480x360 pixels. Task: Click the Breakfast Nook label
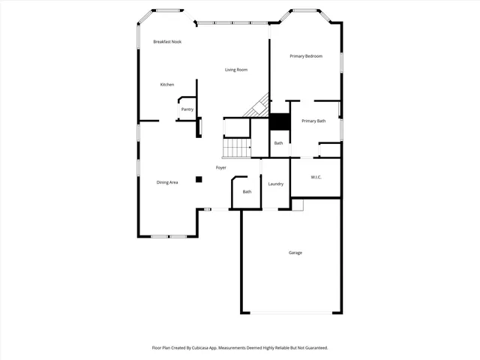click(167, 42)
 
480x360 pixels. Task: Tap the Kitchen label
click(167, 85)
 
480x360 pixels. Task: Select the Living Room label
click(236, 70)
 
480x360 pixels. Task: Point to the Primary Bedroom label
click(306, 56)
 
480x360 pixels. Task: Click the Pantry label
click(187, 109)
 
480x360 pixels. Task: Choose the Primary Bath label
click(313, 121)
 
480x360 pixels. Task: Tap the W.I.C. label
click(316, 177)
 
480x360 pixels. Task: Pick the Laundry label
click(275, 184)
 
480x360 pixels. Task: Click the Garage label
click(295, 253)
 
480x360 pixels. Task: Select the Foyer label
click(221, 167)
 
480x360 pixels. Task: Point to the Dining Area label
click(167, 182)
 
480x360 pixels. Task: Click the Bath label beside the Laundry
click(247, 192)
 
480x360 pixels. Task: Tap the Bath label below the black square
click(278, 143)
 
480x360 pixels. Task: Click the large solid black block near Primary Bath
click(279, 122)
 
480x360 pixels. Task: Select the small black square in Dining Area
click(199, 179)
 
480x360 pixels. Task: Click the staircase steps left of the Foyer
click(238, 148)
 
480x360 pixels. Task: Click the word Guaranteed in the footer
click(313, 348)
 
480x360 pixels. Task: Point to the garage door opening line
click(290, 313)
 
